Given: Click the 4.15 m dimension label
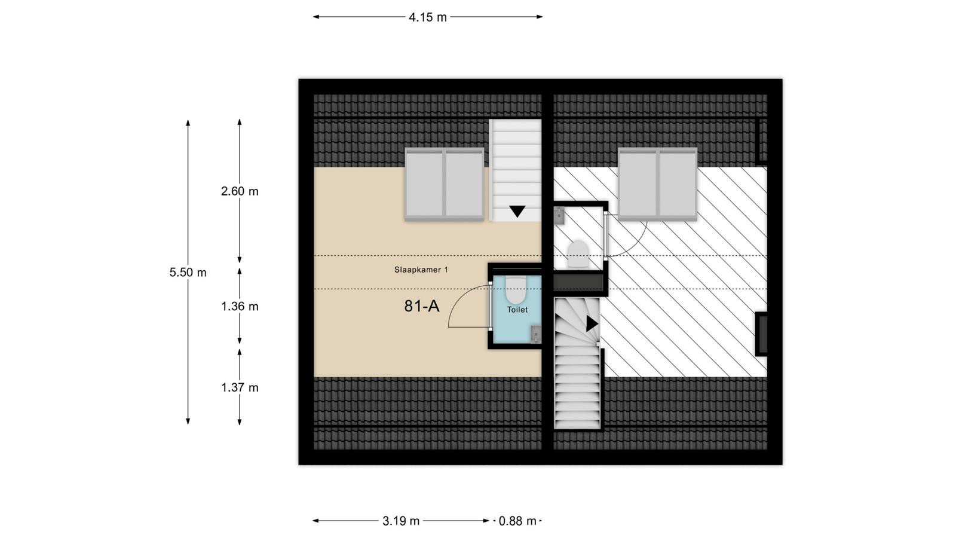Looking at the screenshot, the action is coord(428,17).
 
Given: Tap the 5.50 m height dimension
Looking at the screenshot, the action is coord(188,273).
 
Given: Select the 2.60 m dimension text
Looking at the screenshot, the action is coord(240,191).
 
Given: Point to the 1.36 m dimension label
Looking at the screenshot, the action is coord(240,307).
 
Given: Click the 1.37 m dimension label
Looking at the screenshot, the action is coord(240,388).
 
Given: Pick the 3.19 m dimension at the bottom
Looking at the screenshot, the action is coord(401,521).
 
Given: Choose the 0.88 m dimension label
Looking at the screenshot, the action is coord(517,521).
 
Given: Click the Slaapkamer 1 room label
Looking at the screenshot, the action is coord(421,270).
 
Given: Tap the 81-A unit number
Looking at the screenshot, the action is coord(422,306).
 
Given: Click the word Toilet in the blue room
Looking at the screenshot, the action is coord(517,310).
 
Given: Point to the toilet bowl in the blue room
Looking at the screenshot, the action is coord(516,290).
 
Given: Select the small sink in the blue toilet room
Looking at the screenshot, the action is coord(536,334).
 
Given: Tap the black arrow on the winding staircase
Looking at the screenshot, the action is coord(592,323).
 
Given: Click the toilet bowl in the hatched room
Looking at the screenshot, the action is coord(578,253).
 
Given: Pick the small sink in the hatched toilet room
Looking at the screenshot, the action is coord(559,216).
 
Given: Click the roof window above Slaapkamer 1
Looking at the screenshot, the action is coord(445,184).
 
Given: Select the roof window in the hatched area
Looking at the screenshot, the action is coord(658,184).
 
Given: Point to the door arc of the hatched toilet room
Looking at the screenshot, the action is coord(638,243).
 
